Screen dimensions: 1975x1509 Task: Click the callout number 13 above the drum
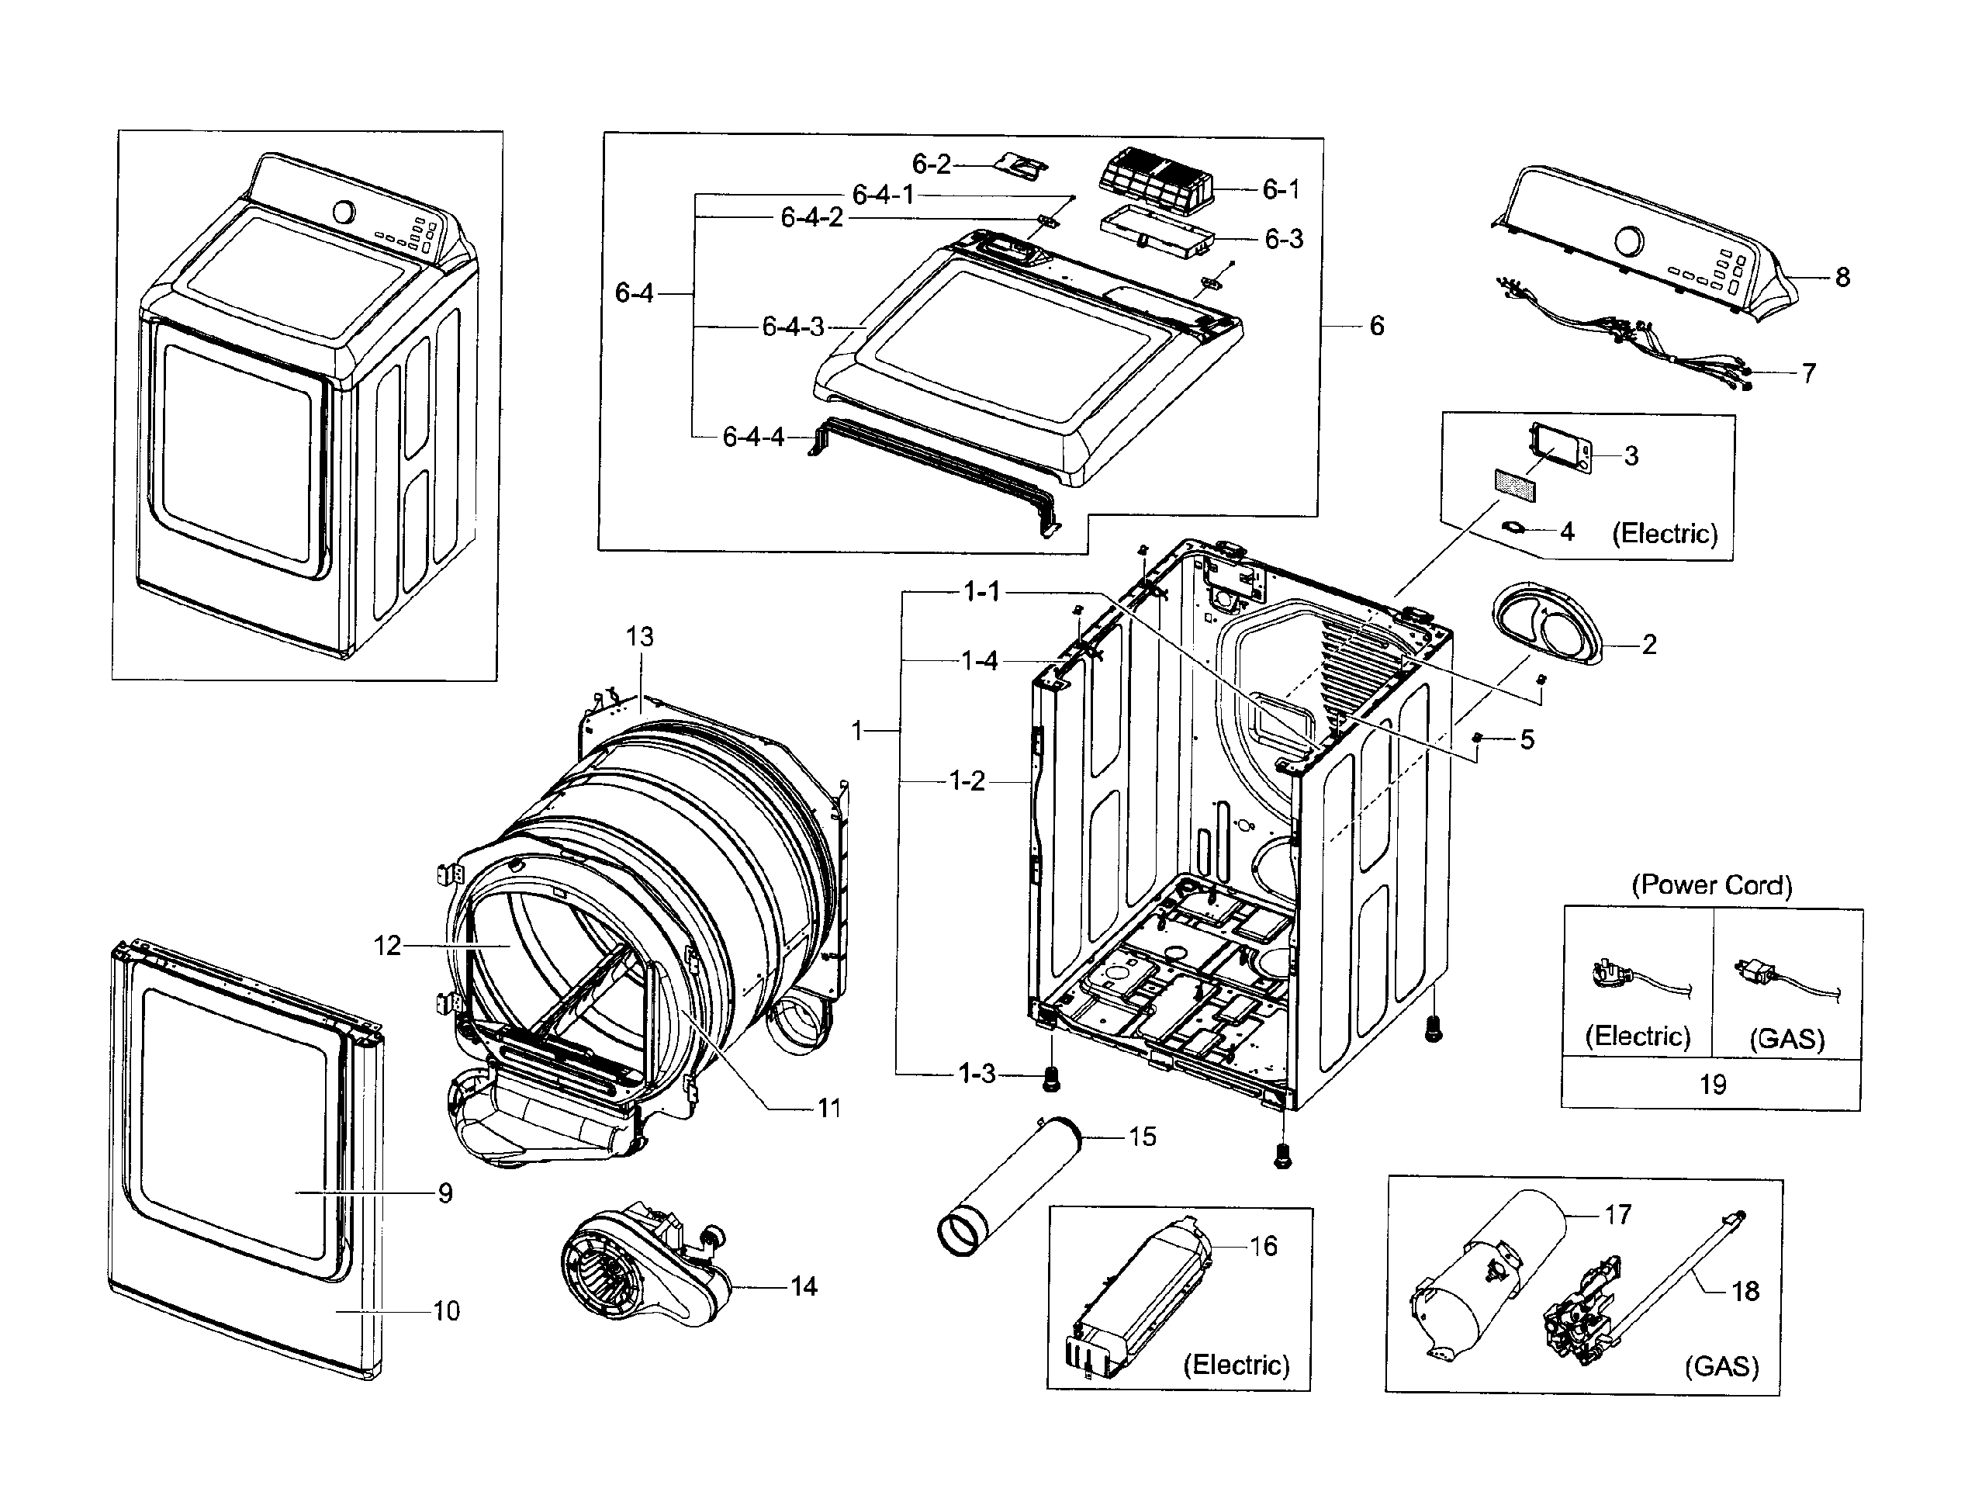point(639,637)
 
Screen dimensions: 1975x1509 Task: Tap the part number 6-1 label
point(1280,189)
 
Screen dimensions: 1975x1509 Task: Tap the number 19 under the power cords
point(1712,1084)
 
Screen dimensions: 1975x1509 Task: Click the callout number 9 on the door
point(445,1192)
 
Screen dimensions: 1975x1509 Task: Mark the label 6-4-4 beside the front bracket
point(752,438)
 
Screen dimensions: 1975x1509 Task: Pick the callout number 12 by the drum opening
point(387,945)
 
